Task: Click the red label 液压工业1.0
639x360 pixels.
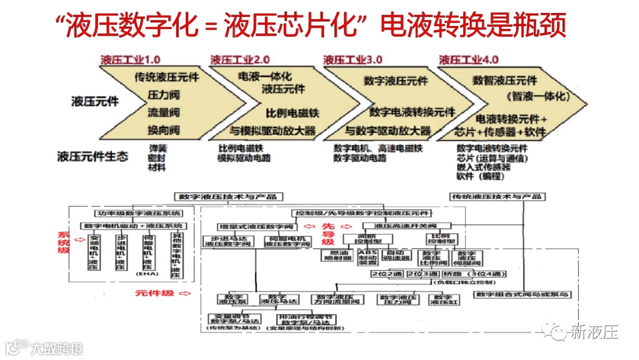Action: [131, 60]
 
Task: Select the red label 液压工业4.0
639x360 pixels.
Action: [469, 60]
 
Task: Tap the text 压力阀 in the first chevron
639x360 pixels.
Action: [164, 95]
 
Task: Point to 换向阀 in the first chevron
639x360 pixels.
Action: [164, 130]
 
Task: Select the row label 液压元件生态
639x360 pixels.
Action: [93, 157]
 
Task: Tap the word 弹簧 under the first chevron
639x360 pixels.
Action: [157, 148]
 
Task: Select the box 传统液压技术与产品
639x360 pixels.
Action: [498, 197]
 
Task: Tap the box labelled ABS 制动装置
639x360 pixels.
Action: [369, 256]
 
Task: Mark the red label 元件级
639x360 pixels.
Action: [148, 292]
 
